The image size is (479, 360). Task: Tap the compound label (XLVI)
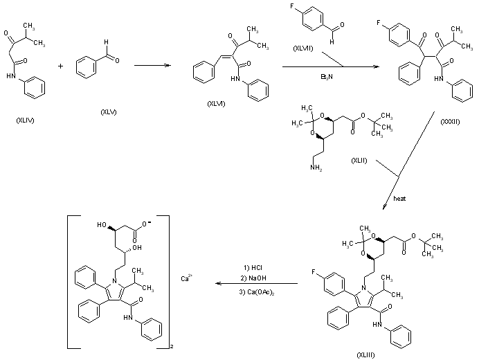pos(217,103)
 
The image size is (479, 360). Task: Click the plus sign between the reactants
pos(61,66)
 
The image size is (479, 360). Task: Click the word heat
pos(399,198)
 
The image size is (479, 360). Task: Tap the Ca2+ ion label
pos(186,278)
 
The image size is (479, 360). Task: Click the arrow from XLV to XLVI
pos(153,66)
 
